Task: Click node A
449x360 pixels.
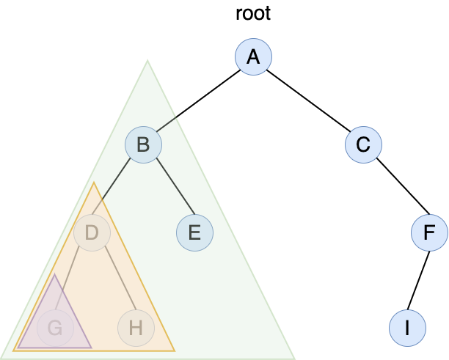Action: [x=253, y=57]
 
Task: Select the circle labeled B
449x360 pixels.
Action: [x=143, y=145]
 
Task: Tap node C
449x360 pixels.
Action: [x=363, y=145]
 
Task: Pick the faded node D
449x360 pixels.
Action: [x=92, y=233]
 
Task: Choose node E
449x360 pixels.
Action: [x=194, y=233]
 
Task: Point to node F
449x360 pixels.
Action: [x=429, y=233]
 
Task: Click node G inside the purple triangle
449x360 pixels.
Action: [x=55, y=328]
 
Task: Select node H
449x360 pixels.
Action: [x=136, y=328]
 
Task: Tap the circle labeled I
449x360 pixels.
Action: [x=407, y=328]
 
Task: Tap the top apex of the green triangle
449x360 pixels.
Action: [x=147, y=61]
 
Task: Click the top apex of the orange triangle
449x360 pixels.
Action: [x=94, y=183]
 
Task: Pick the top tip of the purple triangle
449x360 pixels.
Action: [x=54, y=276]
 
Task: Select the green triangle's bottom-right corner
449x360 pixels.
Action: [x=293, y=357]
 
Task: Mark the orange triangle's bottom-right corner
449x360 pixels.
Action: [x=174, y=350]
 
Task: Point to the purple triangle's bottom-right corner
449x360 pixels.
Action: [x=90, y=347]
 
